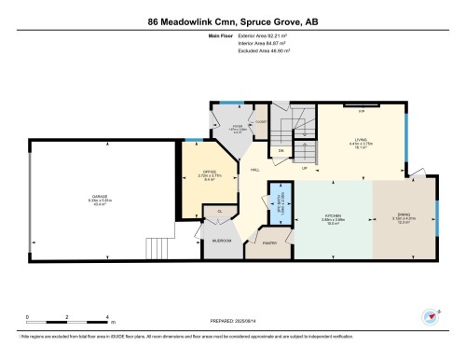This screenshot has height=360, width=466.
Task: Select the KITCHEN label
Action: point(332,215)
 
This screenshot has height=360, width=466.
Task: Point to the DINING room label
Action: point(404,215)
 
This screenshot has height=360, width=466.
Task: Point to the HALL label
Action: point(254,169)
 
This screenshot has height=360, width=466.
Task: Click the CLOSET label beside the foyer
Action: point(262,120)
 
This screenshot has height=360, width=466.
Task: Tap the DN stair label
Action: point(280,150)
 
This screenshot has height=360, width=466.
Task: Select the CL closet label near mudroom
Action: point(219,212)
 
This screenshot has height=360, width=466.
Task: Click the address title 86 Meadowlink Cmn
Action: point(232,21)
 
